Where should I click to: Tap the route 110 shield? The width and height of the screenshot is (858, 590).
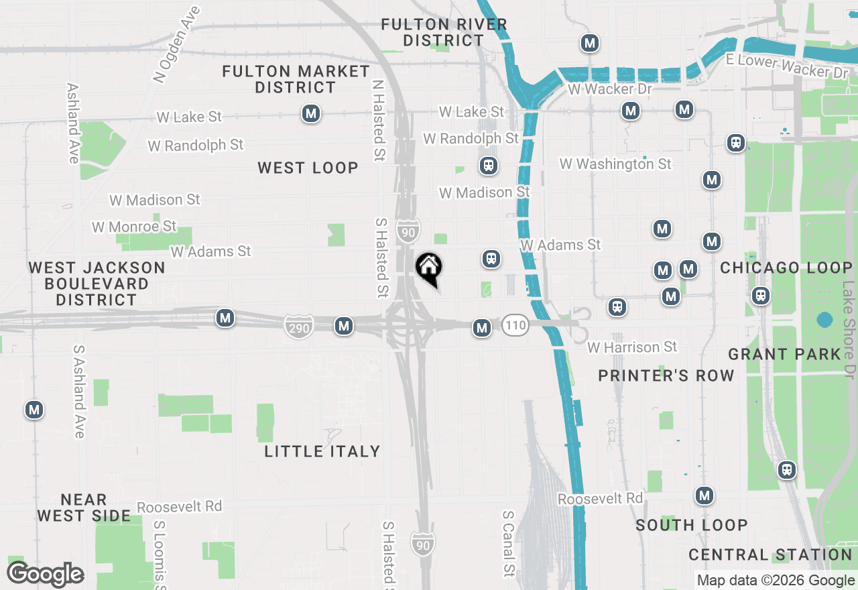pos(515,327)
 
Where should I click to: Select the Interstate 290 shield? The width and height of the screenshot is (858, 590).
pos(298,327)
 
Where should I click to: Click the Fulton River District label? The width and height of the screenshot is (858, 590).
pos(444,32)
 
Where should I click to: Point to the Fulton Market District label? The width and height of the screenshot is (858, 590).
pos(296,79)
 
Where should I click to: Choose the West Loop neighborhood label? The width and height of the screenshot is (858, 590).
pos(308,168)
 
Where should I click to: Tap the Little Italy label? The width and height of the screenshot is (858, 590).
pos(322,451)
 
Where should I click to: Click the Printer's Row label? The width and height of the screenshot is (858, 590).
pos(666,375)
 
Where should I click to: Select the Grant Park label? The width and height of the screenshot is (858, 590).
pos(784,354)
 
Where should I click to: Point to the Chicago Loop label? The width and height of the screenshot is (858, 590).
pos(786,268)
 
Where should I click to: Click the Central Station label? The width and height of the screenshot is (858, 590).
pos(770,554)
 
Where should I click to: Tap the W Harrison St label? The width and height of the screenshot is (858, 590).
pos(632,347)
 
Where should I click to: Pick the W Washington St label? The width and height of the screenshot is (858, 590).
pos(615,164)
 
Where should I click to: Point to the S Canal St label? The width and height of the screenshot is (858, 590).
pos(509,544)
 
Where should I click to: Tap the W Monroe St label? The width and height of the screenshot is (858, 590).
pos(134,227)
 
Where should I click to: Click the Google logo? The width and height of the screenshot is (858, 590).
pos(45,575)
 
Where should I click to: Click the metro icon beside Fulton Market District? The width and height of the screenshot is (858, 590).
pos(310,113)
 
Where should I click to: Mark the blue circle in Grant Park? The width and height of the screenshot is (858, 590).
pos(824,320)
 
